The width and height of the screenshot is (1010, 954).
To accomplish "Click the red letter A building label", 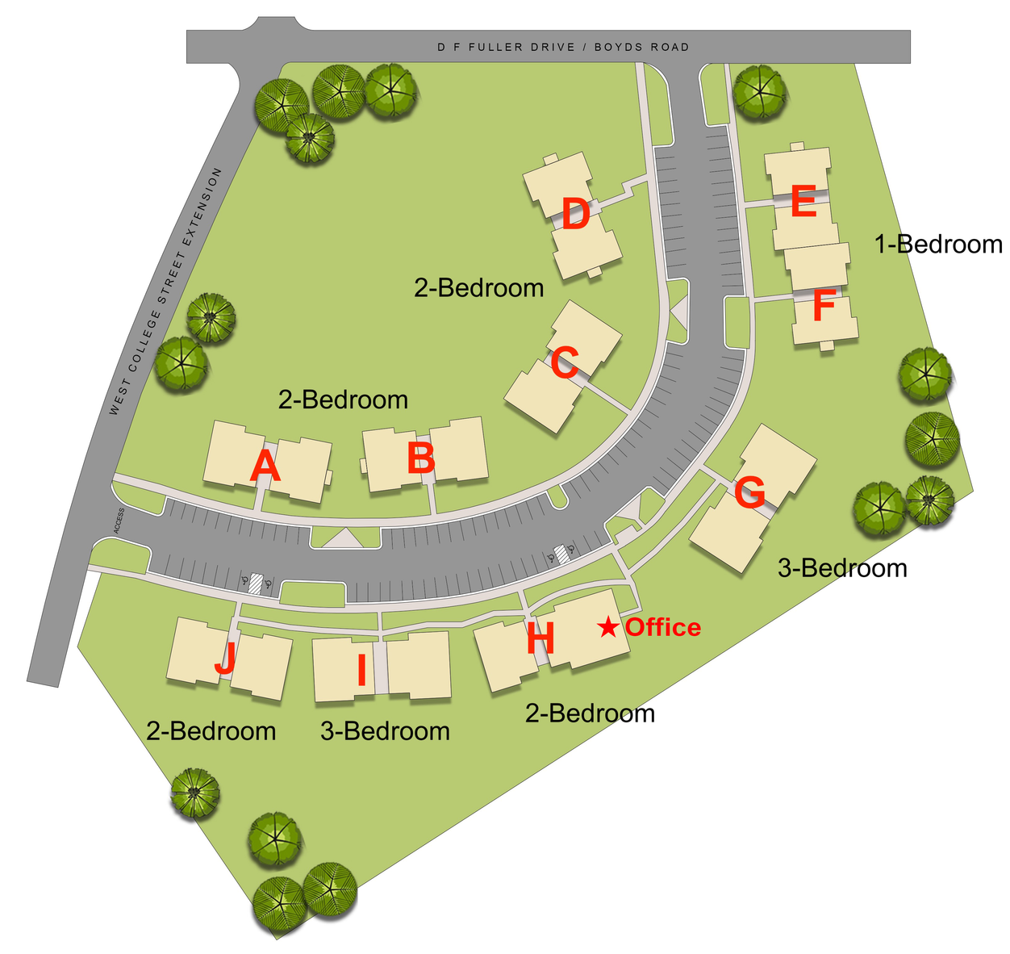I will [x=265, y=467].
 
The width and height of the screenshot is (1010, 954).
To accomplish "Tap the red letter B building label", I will [x=421, y=458].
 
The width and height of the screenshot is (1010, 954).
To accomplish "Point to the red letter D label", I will [x=575, y=215].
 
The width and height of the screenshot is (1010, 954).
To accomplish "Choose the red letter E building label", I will [x=803, y=202].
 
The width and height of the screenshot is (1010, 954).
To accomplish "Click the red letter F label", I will [x=823, y=308].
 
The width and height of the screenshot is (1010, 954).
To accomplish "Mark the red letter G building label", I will [x=749, y=493].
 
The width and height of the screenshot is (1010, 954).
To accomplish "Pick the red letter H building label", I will [x=540, y=639].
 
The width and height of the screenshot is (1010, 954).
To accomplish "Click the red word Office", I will [x=663, y=627].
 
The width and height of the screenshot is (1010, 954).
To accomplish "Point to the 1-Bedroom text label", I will [x=939, y=244].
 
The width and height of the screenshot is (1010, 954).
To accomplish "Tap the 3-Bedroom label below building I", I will [x=385, y=731].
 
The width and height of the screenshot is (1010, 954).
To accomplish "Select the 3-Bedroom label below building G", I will [x=842, y=568].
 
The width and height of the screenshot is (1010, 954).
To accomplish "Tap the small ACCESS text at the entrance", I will [x=119, y=521].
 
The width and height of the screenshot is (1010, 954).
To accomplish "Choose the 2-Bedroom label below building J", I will [x=211, y=731].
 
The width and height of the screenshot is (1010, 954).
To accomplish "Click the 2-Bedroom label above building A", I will [x=343, y=400].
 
